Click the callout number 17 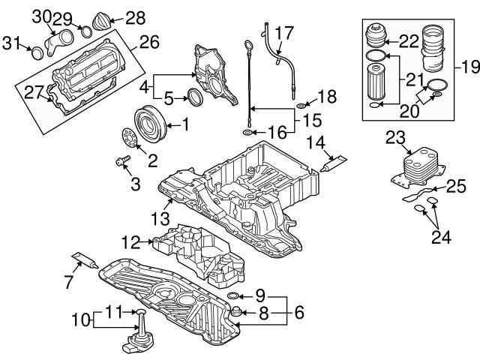pyautogui.click(x=285, y=34)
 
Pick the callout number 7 pyautogui.click(x=68, y=282)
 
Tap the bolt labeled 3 pyautogui.click(x=123, y=160)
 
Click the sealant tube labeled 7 pyautogui.click(x=84, y=260)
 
